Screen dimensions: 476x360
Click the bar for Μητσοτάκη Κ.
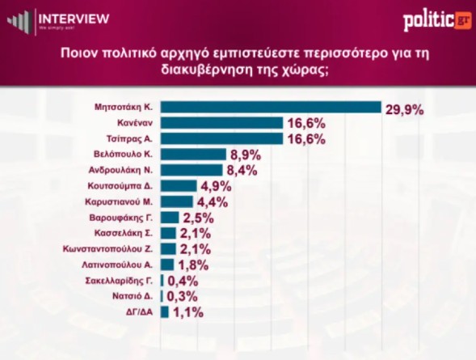[271, 108]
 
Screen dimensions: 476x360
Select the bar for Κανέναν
[222, 123]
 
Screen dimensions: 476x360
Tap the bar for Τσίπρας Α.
[222, 138]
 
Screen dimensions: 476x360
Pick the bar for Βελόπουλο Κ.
[193, 155]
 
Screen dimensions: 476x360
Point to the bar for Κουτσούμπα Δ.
[179, 186]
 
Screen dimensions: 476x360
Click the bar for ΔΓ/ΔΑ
[165, 312]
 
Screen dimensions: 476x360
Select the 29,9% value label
[405, 110]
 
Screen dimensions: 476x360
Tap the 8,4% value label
[242, 171]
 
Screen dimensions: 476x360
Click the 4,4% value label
[213, 202]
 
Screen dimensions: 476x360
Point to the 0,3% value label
[183, 297]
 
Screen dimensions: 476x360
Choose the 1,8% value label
[193, 265]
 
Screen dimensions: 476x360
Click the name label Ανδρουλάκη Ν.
[120, 170]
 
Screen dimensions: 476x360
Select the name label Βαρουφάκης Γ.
[121, 218]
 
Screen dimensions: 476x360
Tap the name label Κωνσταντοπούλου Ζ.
[107, 249]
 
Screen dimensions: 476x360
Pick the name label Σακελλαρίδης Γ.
[120, 281]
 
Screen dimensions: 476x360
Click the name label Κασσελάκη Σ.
[124, 233]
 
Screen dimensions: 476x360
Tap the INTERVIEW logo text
[74, 19]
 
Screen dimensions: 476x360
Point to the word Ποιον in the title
[78, 53]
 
